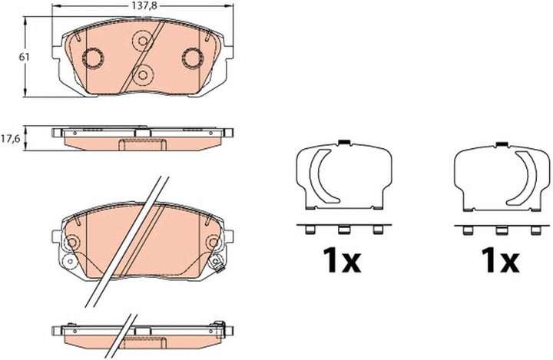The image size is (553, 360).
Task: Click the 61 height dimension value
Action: (24, 57)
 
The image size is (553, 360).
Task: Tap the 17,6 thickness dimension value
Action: (9, 139)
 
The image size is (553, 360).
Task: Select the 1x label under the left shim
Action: (342, 260)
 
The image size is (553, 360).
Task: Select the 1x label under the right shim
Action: (500, 260)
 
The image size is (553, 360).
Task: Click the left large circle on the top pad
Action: (93, 58)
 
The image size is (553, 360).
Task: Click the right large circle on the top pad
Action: (193, 58)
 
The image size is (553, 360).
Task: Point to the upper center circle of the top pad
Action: (143, 41)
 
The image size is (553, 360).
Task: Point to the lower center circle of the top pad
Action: (143, 74)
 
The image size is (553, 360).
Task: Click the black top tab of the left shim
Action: (343, 143)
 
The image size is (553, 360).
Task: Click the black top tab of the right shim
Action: (501, 144)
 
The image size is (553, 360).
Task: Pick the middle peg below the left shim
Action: (343, 230)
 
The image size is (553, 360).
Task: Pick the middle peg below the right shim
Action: (501, 230)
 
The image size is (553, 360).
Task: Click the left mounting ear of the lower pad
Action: (56, 236)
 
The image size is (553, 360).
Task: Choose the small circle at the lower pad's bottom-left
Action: (69, 261)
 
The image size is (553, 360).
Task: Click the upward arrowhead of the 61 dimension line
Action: (25, 20)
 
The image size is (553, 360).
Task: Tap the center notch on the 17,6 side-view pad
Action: (143, 133)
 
